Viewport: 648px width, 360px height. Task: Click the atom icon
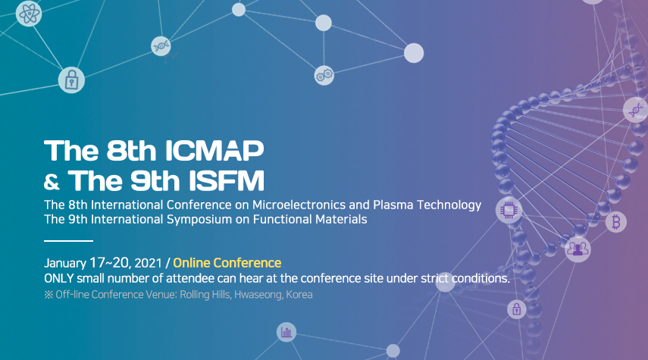(x=29, y=14)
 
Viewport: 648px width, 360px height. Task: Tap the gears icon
(x=324, y=75)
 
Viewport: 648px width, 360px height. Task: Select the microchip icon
(x=509, y=211)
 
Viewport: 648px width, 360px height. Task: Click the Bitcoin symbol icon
(x=616, y=222)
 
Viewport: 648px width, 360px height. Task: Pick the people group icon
(x=578, y=249)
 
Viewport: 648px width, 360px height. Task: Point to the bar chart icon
(x=286, y=332)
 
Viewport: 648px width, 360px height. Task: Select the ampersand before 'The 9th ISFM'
(x=52, y=182)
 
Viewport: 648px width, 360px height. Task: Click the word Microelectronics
(x=299, y=205)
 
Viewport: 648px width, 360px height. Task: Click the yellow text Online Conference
(x=227, y=263)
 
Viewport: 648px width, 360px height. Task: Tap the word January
(x=65, y=263)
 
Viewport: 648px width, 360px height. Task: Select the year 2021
(x=148, y=263)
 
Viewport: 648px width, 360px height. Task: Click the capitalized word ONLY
(x=58, y=279)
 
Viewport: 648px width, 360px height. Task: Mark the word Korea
(x=299, y=295)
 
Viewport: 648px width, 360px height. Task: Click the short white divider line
(x=69, y=240)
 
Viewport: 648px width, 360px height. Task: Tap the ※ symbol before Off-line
(x=49, y=295)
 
